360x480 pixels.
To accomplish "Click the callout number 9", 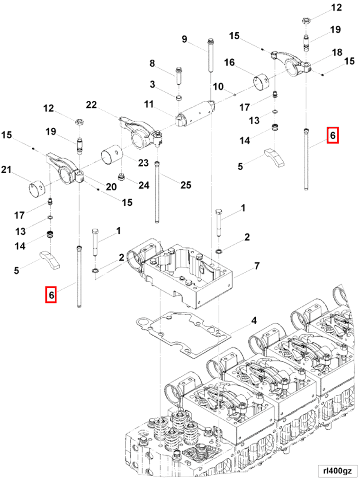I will (184, 39).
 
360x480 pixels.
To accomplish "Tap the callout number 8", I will (152, 63).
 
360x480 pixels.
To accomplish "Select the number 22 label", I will (91, 105).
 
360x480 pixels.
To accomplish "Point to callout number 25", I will (186, 185).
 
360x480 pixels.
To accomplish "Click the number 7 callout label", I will (256, 266).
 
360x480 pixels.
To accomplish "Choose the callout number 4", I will (254, 320).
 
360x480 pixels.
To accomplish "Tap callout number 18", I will (337, 52).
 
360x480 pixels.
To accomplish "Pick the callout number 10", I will (218, 87).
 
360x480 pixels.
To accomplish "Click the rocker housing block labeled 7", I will (189, 275).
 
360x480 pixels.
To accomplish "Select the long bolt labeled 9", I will (209, 57).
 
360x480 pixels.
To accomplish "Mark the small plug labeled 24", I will (123, 178).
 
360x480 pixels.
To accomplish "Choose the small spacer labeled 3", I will (179, 98).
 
